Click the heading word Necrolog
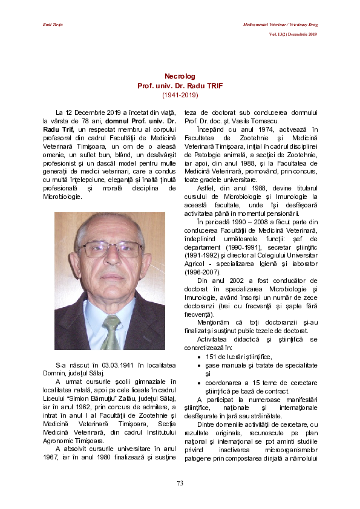[x=180, y=76]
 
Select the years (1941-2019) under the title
[x=180, y=96]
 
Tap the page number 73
[x=180, y=482]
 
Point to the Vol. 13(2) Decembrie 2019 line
[x=293, y=34]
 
